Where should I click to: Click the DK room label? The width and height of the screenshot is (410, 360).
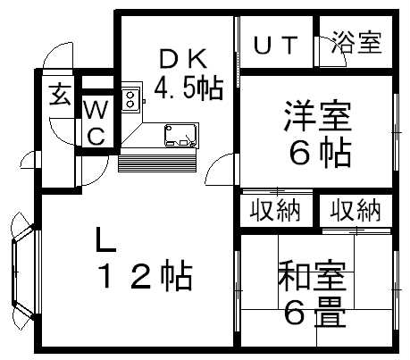pyautogui.click(x=183, y=59)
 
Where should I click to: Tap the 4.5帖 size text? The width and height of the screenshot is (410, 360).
pyautogui.click(x=188, y=88)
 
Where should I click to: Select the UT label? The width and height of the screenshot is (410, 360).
pyautogui.click(x=276, y=45)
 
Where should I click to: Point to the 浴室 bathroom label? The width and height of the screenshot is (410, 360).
pyautogui.click(x=356, y=42)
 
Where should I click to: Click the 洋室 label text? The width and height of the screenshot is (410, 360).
pyautogui.click(x=318, y=116)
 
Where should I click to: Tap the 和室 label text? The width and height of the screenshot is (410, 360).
pyautogui.click(x=312, y=277)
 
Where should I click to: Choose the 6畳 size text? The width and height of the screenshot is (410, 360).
pyautogui.click(x=314, y=313)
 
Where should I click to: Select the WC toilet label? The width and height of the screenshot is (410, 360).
pyautogui.click(x=96, y=122)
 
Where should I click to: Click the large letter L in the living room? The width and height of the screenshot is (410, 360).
pyautogui.click(x=105, y=239)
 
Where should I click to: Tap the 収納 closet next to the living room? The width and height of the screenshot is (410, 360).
pyautogui.click(x=275, y=210)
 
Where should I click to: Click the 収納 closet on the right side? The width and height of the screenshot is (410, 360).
pyautogui.click(x=356, y=210)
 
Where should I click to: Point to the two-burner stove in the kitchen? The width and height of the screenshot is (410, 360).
pyautogui.click(x=130, y=99)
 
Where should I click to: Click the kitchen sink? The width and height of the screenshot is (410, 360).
pyautogui.click(x=180, y=135)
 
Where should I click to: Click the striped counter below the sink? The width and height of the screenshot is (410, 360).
pyautogui.click(x=157, y=160)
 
